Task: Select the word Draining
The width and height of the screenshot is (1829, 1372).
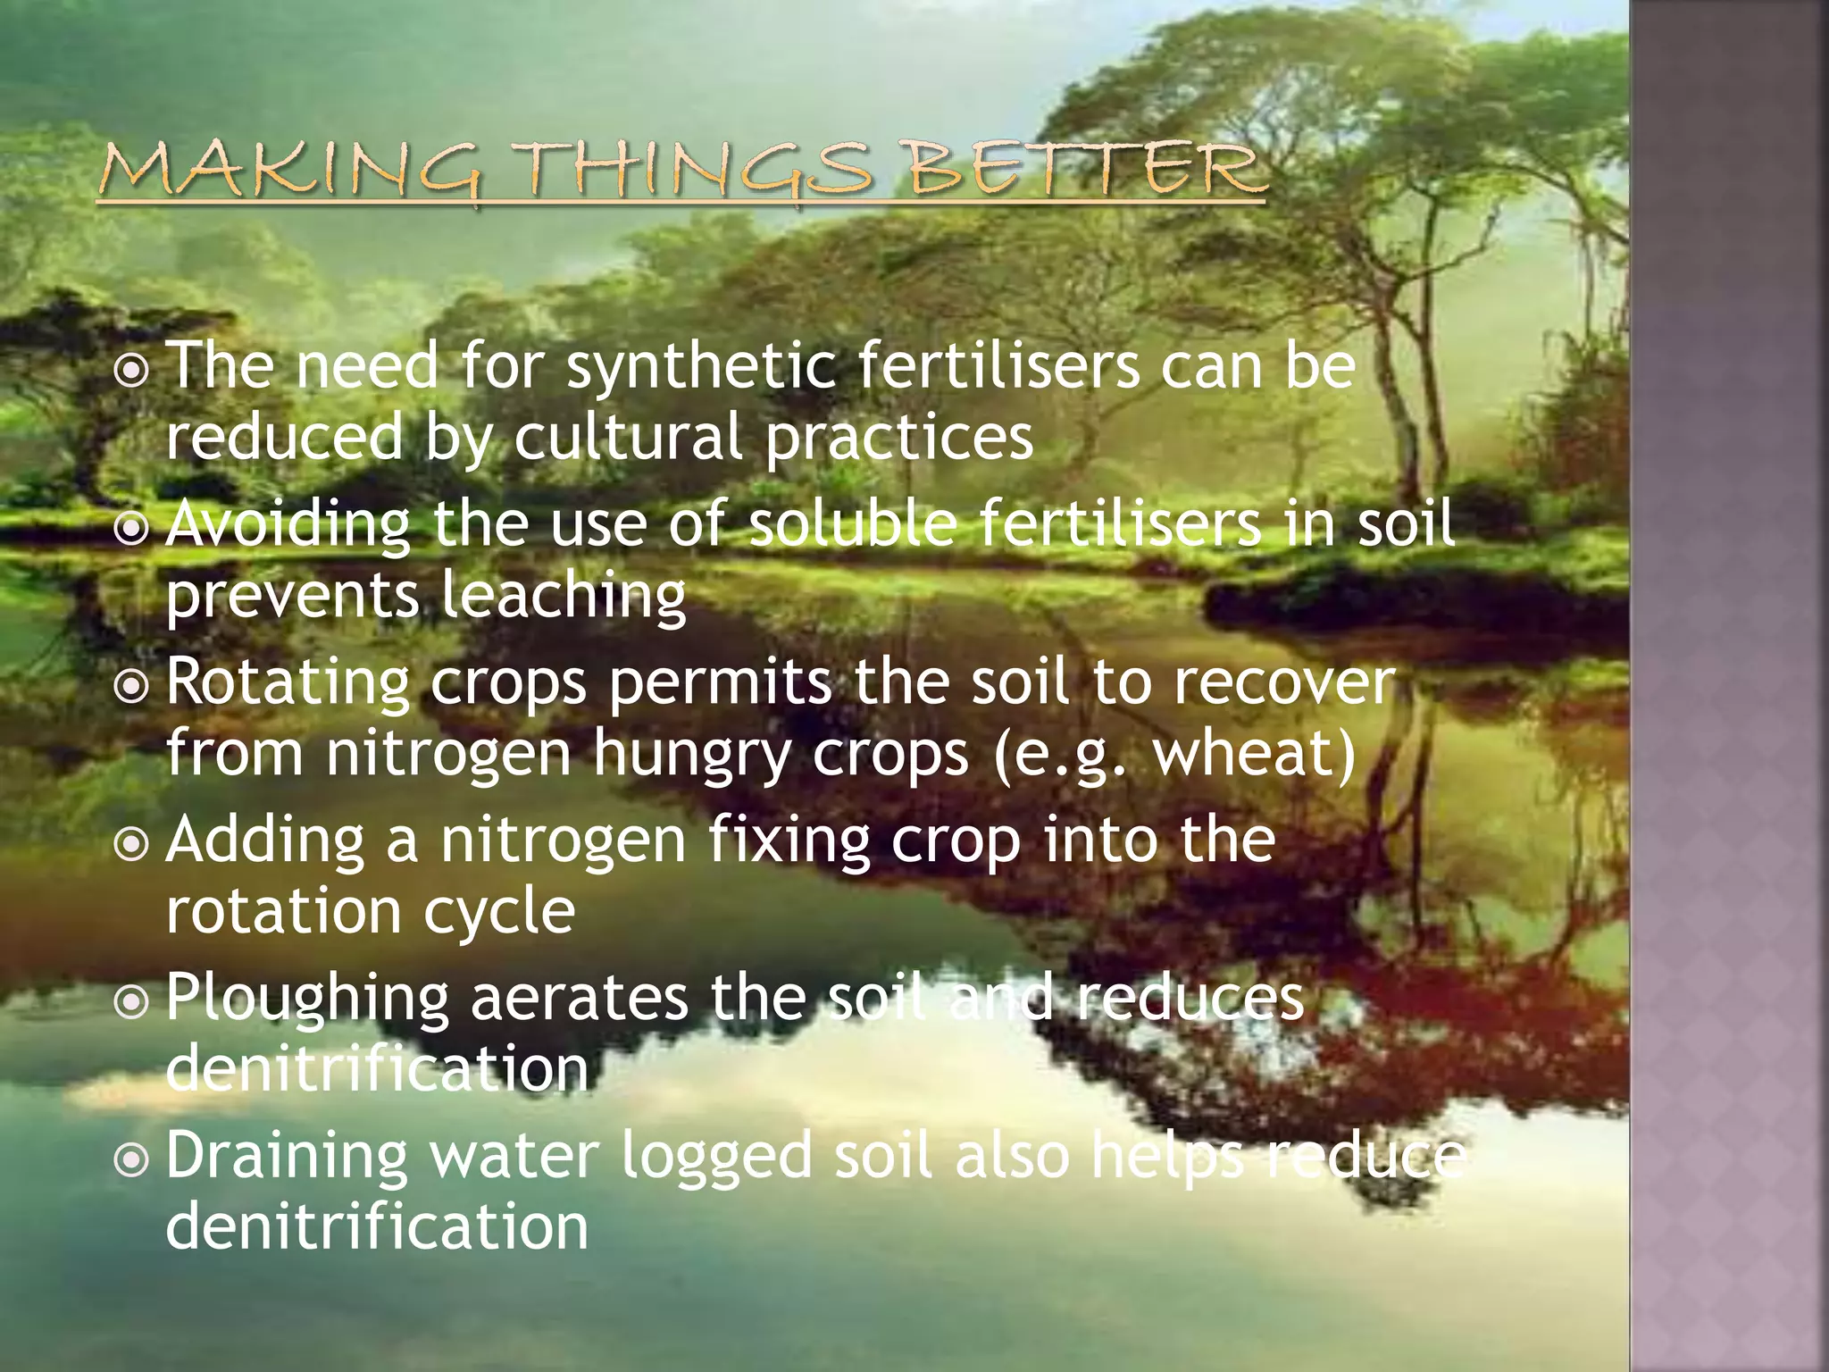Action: coord(287,1158)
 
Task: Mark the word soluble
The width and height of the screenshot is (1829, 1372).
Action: coord(853,525)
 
